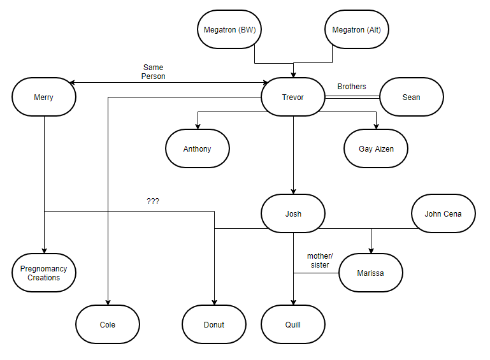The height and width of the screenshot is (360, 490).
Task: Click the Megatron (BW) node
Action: click(x=229, y=30)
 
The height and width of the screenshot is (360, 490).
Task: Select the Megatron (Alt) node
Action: click(x=356, y=30)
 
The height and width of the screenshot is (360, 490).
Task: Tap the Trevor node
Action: click(x=293, y=97)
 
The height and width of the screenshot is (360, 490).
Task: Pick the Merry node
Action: click(x=43, y=97)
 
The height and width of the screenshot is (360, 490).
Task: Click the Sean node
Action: click(x=411, y=97)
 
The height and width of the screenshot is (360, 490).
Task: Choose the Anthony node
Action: click(x=197, y=149)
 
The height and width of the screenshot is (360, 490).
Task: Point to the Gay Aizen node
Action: click(x=376, y=149)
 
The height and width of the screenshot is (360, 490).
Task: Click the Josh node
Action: click(x=293, y=213)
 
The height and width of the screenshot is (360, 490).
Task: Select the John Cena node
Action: click(x=443, y=213)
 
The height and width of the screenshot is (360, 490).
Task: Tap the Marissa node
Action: click(x=371, y=273)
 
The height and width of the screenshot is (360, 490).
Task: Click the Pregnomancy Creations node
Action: click(x=44, y=273)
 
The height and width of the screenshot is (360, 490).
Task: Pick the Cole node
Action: click(x=108, y=324)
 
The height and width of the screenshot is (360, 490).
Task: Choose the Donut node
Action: click(x=214, y=324)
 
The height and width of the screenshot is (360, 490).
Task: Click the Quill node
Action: click(x=293, y=324)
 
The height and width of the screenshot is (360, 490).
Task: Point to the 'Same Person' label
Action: click(x=154, y=71)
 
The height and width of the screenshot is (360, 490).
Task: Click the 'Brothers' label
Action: click(x=352, y=87)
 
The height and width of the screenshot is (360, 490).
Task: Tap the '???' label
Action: click(x=153, y=201)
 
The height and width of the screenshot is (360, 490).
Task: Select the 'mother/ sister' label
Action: click(x=319, y=261)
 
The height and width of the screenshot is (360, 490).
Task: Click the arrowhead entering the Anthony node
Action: click(x=197, y=126)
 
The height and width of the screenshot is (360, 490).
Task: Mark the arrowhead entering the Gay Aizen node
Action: click(x=376, y=126)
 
